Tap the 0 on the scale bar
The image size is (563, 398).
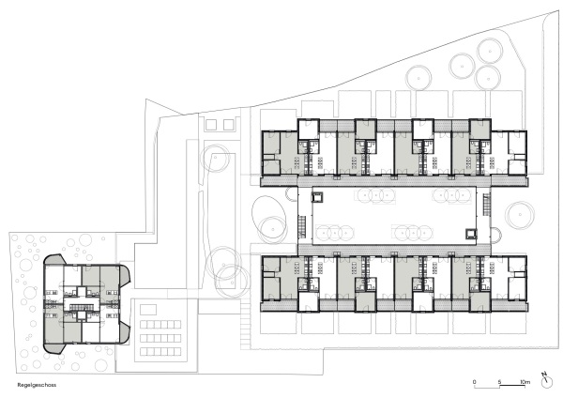click(x=475, y=381)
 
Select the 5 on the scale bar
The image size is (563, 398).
click(x=500, y=381)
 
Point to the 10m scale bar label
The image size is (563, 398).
click(x=525, y=381)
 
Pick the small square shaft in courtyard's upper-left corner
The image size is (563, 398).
click(x=318, y=196)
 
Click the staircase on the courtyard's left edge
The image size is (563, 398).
click(x=301, y=225)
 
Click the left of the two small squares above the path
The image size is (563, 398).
click(x=208, y=124)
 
